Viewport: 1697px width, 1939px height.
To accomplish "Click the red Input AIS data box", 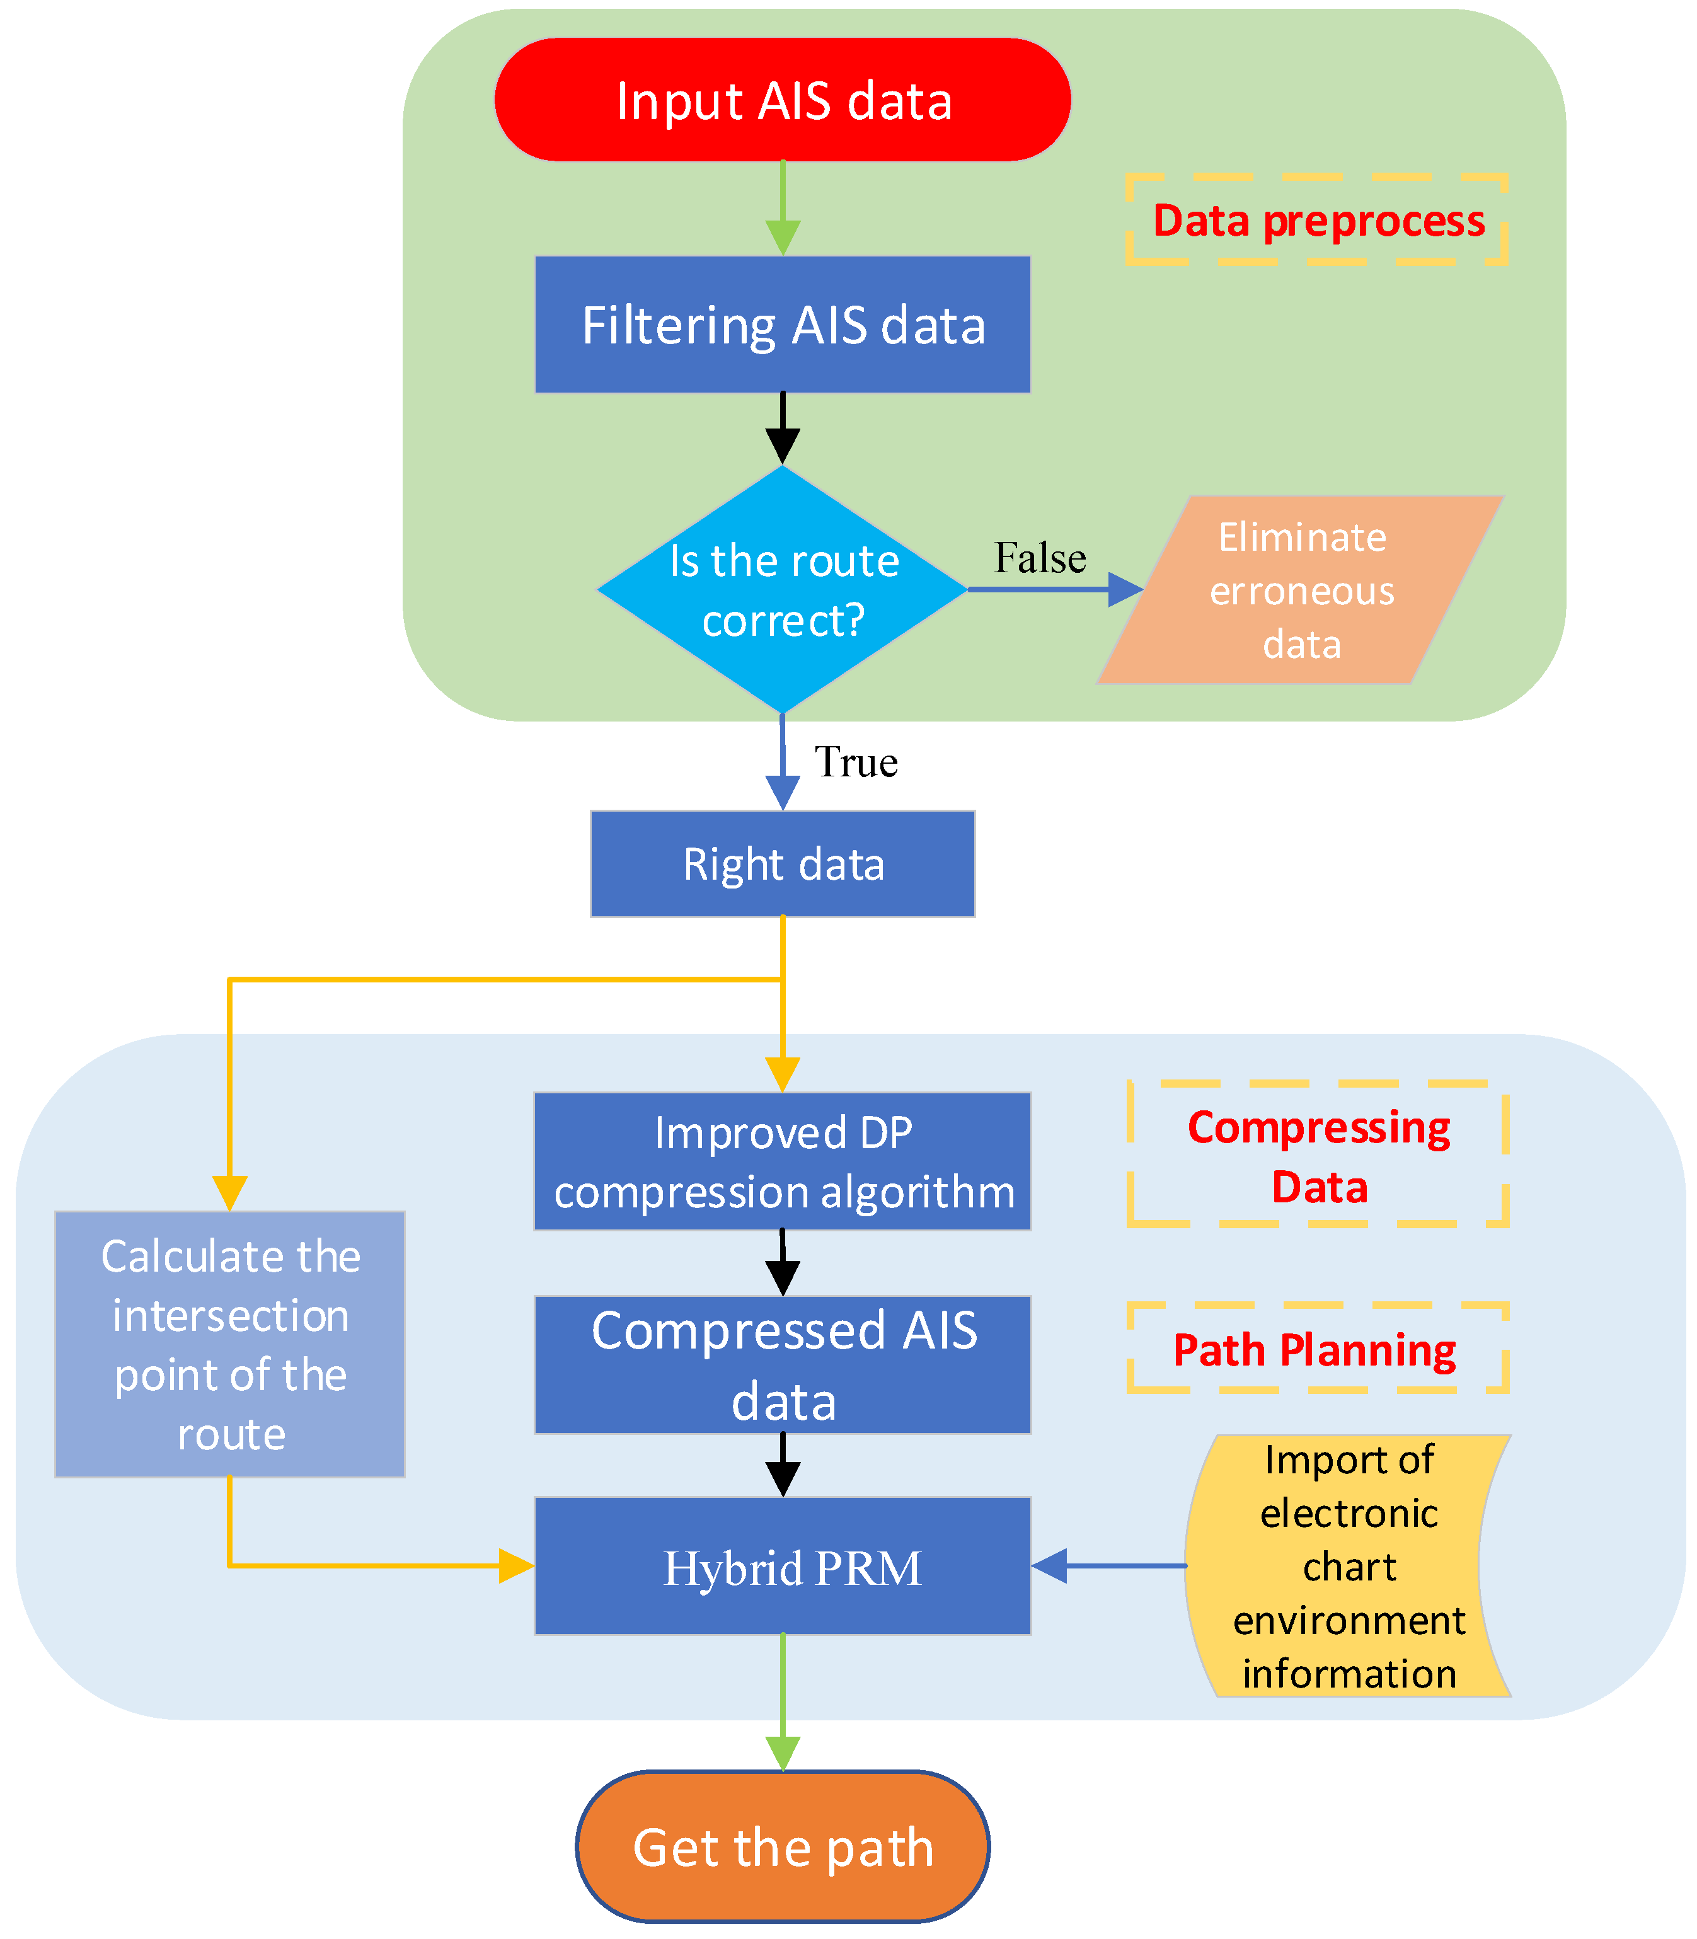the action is [783, 100].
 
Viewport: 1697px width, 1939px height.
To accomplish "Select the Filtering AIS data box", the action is [783, 325].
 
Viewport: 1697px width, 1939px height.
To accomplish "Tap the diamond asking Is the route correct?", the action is [783, 589].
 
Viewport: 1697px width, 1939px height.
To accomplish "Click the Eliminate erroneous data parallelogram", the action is [1301, 590].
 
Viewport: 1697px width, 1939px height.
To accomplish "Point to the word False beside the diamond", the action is [1040, 558].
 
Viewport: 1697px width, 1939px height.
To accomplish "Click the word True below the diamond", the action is [856, 762].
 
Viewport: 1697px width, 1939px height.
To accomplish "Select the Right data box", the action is [783, 863].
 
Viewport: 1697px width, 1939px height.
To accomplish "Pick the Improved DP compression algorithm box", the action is [783, 1161].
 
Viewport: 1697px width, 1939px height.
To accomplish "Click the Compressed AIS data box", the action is [783, 1364].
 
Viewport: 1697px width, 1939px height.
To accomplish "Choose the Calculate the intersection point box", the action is [230, 1344].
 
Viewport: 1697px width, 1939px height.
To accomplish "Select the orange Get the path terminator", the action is [783, 1847].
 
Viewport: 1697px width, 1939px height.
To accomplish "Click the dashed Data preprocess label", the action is [1317, 220].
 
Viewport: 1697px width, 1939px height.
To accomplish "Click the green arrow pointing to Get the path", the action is [783, 1702].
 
